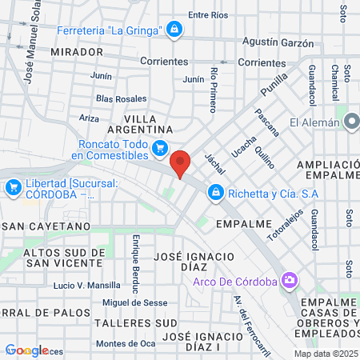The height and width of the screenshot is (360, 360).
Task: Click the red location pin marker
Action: [x=181, y=162]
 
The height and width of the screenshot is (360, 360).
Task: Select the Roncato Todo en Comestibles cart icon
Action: [x=159, y=147]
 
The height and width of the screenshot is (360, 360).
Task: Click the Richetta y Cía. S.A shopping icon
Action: [x=216, y=192]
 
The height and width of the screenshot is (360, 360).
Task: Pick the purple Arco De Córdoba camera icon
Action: [x=289, y=281]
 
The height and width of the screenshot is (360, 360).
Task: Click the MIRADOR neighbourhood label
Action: [x=76, y=51]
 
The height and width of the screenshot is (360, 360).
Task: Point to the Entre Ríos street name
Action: [x=207, y=15]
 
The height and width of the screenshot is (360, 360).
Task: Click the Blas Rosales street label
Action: [x=121, y=98]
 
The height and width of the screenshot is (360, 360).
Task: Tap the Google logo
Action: [x=26, y=350]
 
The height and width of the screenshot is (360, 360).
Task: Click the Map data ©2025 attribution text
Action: [x=325, y=354]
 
